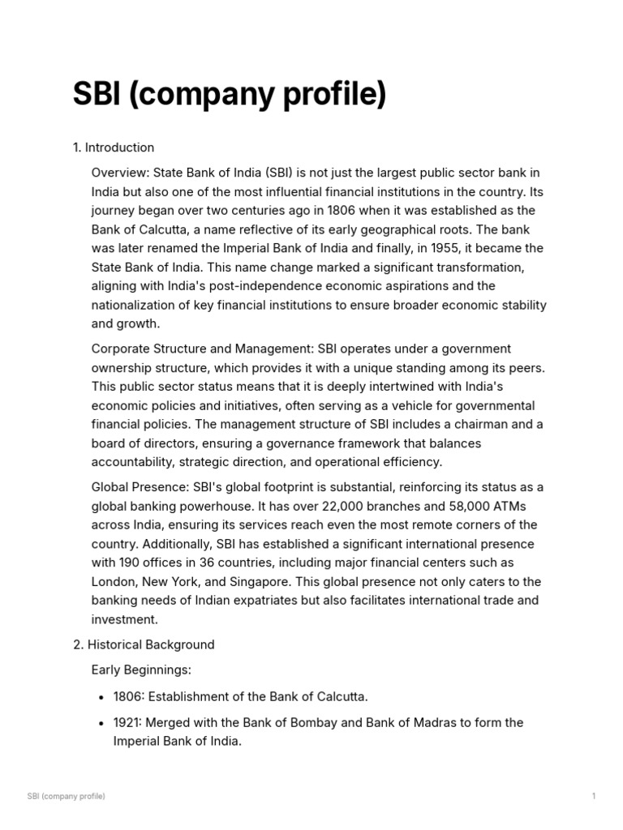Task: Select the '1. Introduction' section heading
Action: (114, 148)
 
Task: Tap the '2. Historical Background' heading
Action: (144, 644)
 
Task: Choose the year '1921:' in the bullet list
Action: (129, 722)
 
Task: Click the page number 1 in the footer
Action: (594, 797)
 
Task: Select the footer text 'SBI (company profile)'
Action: (67, 797)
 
